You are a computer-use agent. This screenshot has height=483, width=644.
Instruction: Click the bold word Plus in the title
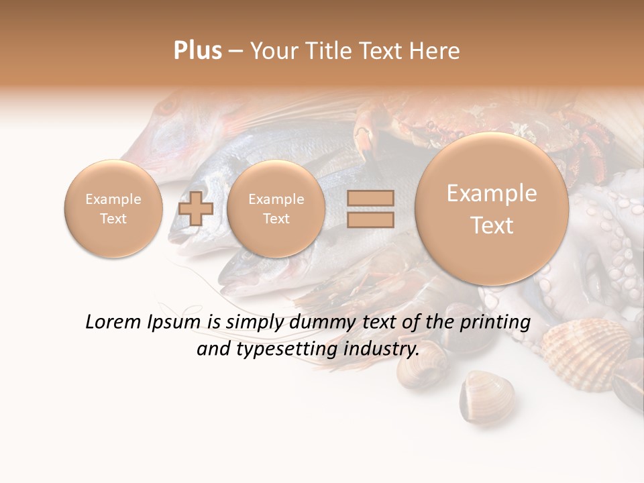point(198,51)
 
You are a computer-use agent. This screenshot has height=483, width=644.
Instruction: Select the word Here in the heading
point(435,51)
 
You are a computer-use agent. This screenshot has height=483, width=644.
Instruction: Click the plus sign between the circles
point(196,209)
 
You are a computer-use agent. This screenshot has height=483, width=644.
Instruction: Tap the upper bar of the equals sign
point(370,198)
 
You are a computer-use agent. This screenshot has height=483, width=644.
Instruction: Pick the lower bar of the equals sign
point(370,219)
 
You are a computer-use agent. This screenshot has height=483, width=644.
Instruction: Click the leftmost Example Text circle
point(113,209)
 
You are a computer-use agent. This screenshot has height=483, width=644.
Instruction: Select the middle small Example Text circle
point(276,209)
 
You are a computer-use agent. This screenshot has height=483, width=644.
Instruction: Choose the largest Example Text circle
point(492,209)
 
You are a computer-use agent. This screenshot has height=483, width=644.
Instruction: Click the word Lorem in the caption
point(113,322)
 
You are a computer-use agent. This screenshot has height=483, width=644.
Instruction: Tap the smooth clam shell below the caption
point(486,395)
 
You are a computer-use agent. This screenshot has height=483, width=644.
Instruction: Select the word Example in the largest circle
point(492,194)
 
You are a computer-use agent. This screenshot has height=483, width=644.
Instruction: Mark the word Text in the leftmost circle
point(113,219)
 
